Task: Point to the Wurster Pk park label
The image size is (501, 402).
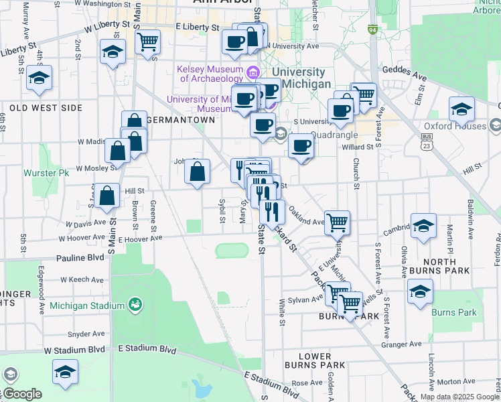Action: [46, 173]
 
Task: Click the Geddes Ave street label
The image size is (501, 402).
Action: [405, 70]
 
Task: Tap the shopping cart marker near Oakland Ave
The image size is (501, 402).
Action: [337, 222]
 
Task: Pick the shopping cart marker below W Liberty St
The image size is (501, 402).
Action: [147, 42]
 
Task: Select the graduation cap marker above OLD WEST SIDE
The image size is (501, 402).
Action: [40, 78]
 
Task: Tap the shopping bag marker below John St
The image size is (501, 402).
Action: [197, 172]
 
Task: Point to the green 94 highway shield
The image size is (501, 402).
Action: [372, 29]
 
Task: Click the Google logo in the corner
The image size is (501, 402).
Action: [22, 393]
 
